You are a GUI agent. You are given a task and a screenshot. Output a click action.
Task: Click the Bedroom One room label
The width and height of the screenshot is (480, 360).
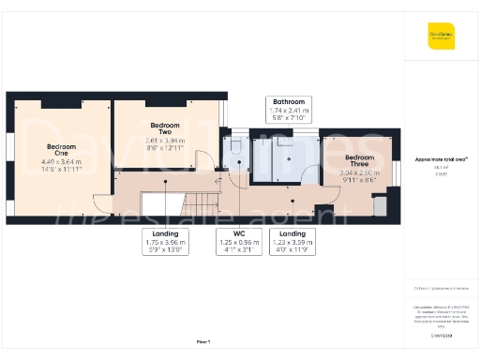(61, 150)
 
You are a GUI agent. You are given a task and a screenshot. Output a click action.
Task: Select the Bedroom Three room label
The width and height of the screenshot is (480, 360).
(359, 160)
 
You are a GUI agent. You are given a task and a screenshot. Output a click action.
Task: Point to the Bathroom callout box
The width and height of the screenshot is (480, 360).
(288, 110)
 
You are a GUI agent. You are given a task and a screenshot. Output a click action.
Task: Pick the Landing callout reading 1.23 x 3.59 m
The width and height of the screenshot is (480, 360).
(292, 242)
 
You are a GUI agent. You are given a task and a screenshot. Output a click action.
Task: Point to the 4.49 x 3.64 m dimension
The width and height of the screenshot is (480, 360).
(61, 161)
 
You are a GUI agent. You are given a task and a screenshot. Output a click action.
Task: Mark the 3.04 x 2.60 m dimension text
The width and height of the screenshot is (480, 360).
(359, 172)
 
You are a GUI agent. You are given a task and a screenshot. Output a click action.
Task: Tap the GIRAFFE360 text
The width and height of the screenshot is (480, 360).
(442, 335)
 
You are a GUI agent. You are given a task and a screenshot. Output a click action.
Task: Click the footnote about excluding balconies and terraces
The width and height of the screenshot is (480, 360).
(441, 287)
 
